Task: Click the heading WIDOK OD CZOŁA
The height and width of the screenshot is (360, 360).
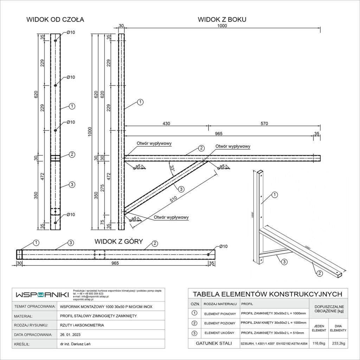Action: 55,20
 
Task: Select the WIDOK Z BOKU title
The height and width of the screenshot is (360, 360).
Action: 222,20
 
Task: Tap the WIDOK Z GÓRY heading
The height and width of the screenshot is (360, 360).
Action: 118,242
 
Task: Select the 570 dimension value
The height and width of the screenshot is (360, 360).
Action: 264,123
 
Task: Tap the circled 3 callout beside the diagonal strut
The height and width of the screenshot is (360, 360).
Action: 181,189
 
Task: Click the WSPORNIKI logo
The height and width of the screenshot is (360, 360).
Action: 42,294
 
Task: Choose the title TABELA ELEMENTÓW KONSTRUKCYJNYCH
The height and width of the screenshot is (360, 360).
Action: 268,294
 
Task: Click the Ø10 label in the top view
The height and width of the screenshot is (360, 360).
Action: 223,246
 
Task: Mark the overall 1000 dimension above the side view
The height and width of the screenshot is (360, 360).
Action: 222,26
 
